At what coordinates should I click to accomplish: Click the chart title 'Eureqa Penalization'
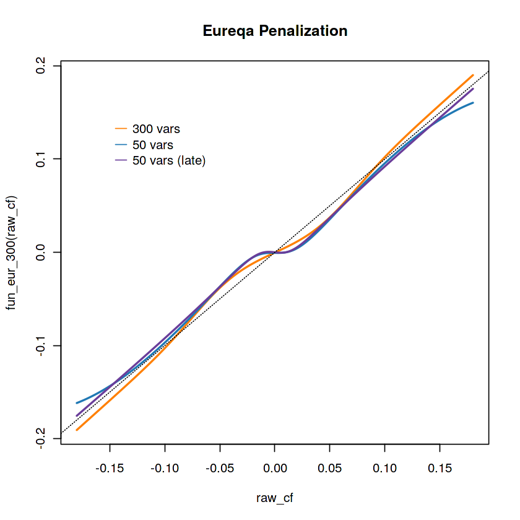click(275, 31)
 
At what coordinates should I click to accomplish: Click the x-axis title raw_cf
click(274, 498)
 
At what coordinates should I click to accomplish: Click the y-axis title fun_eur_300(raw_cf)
click(11, 253)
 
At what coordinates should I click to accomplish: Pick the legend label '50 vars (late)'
click(168, 160)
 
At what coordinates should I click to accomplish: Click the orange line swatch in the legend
click(121, 129)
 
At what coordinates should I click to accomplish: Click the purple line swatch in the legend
click(121, 160)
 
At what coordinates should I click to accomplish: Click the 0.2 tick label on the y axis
click(40, 66)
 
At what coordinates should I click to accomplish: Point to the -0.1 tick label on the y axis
click(40, 345)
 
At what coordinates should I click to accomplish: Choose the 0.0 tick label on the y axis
click(40, 252)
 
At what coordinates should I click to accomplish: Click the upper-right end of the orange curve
click(473, 76)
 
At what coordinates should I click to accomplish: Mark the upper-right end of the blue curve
click(473, 103)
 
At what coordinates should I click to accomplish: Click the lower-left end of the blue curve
click(77, 403)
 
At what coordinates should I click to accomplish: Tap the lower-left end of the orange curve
click(77, 429)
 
